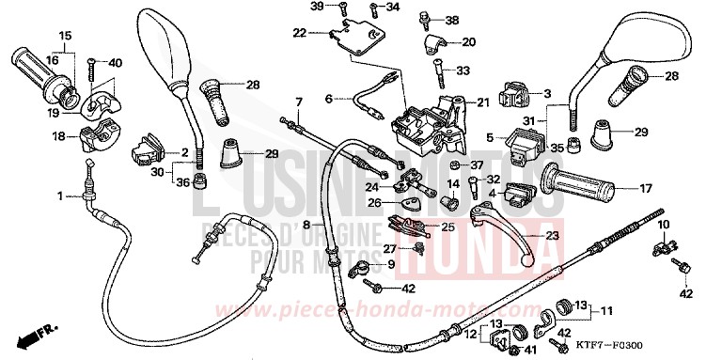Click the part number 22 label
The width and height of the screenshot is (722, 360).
click(299, 33)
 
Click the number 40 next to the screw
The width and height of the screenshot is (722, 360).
click(116, 63)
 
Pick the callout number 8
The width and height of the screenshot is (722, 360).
click(306, 226)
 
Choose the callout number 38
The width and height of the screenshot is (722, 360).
click(452, 20)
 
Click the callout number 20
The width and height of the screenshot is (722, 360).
click(468, 41)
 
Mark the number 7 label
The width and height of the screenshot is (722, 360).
click(298, 101)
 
